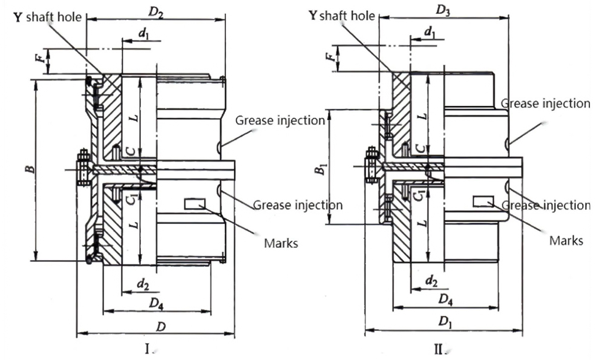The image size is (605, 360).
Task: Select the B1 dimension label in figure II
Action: tap(319, 167)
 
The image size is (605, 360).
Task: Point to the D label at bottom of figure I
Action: tap(161, 327)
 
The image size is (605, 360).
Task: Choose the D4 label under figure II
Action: tap(446, 299)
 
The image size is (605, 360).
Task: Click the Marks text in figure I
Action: tap(281, 244)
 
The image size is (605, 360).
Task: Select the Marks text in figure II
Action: tap(566, 241)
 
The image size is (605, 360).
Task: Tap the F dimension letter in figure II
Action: tap(329, 57)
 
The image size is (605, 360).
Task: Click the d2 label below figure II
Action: tap(431, 280)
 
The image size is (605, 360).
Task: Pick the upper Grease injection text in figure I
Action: tap(280, 120)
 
